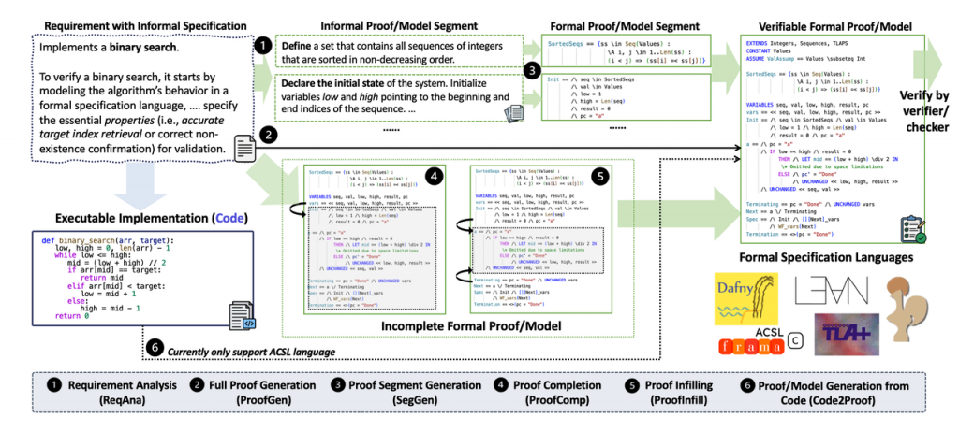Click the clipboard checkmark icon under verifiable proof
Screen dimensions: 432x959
click(x=911, y=226)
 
